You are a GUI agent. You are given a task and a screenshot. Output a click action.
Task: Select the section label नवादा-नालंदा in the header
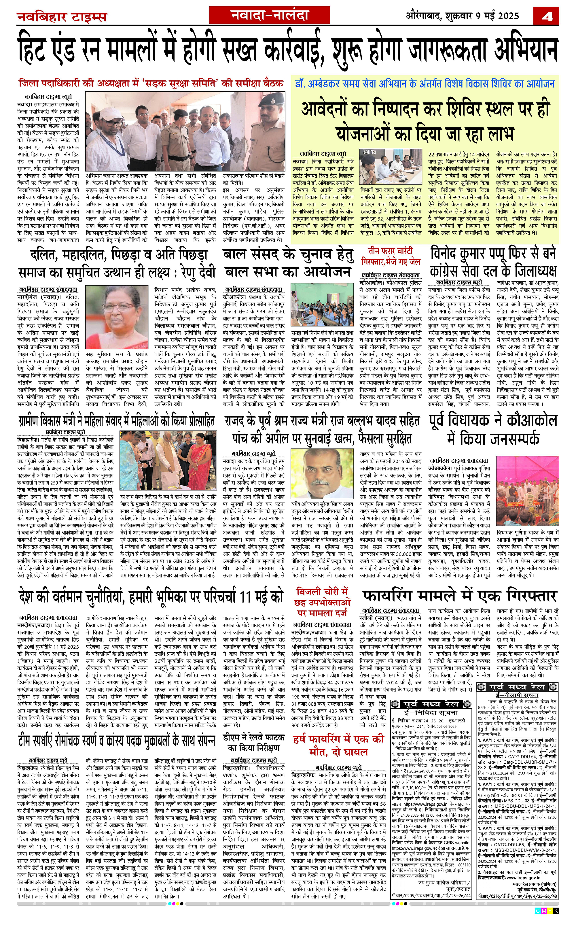tap(269, 16)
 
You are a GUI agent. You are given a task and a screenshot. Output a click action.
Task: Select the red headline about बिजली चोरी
tap(322, 602)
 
